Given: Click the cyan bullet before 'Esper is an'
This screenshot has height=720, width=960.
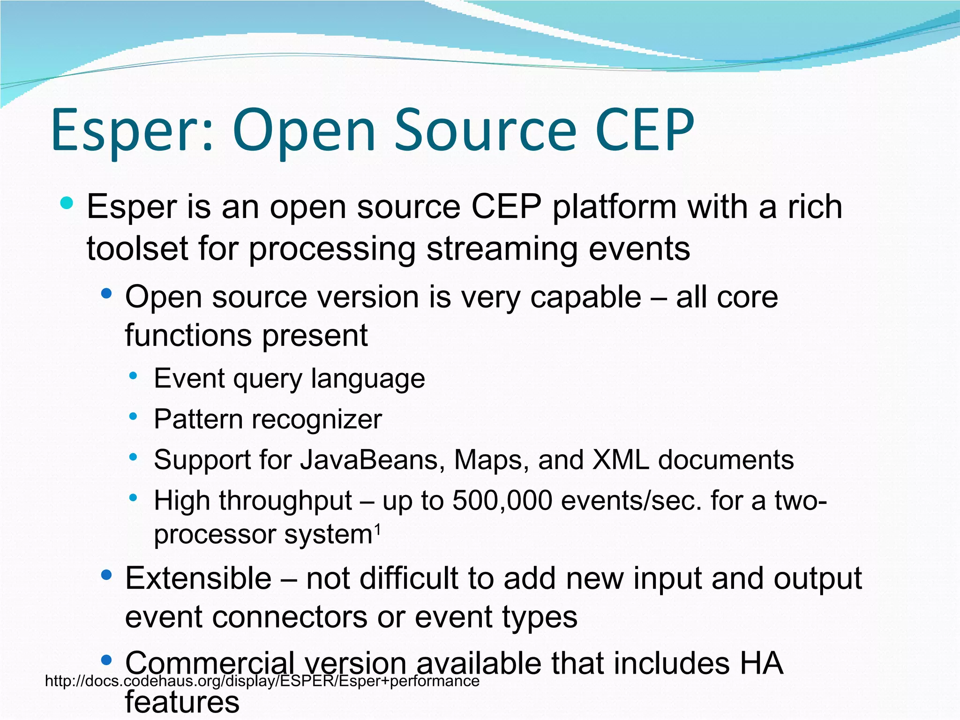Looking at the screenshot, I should click(67, 203).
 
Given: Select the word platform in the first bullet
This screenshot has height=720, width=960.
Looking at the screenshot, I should click(615, 207).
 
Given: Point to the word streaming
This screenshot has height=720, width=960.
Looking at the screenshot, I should click(502, 248).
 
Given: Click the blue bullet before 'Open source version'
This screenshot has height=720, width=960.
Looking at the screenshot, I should click(107, 294).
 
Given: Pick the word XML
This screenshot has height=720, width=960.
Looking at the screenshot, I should click(621, 460).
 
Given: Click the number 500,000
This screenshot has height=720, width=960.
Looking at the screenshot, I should click(502, 501).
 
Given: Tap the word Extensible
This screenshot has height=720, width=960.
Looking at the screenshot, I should click(198, 578).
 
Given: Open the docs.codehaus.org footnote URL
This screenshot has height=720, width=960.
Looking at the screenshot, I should click(262, 681).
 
